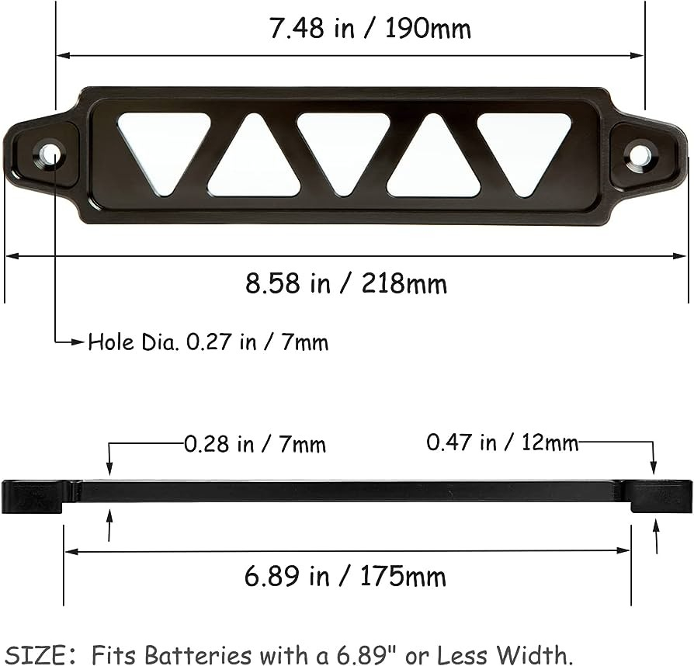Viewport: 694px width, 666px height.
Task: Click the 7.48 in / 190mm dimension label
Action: click(370, 29)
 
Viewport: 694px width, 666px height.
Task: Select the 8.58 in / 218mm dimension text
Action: click(346, 283)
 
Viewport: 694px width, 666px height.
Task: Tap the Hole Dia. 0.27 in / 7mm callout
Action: click(208, 342)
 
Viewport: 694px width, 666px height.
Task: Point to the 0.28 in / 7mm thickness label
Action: click(255, 445)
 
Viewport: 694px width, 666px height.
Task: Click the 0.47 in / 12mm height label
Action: click(502, 443)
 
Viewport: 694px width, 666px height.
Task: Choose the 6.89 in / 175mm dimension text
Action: click(345, 577)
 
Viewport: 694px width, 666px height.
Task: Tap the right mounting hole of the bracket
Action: click(640, 155)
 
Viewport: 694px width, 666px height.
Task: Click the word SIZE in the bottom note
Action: click(34, 654)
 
